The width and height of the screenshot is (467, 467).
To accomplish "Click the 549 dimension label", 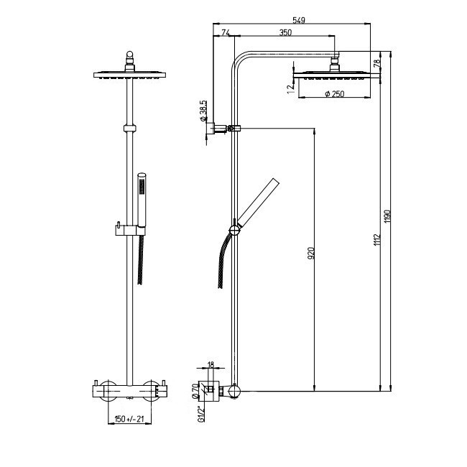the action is [299, 20].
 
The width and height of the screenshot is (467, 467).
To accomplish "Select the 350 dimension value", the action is [285, 32].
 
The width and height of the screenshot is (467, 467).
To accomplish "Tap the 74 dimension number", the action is [226, 32].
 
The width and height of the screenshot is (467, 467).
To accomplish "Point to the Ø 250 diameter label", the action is [335, 94].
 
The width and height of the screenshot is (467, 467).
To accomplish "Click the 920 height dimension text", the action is [310, 253].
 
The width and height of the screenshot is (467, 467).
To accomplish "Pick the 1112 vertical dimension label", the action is [377, 240].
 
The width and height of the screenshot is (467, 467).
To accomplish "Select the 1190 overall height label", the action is [387, 216].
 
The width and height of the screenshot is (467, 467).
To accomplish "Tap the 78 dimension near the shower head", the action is [377, 63].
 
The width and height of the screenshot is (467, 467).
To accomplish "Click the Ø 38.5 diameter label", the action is [203, 111].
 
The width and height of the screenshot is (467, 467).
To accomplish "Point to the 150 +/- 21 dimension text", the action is [129, 419].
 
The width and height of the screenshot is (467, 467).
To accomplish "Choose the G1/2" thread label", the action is [201, 414].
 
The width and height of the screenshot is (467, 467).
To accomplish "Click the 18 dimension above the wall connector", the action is [211, 365].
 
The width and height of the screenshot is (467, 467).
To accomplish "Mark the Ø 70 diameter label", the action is [195, 391].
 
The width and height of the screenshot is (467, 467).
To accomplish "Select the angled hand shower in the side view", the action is [259, 203].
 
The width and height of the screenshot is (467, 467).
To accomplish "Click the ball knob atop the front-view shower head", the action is [129, 54].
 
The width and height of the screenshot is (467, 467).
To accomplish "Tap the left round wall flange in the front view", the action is [108, 391].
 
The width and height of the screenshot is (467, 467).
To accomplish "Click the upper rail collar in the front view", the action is [129, 129].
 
